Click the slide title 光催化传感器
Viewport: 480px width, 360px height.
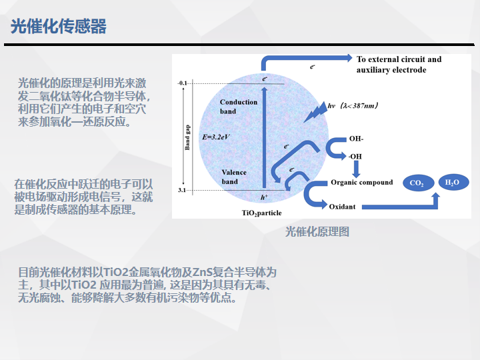click(59, 26)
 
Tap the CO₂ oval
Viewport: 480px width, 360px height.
click(418, 183)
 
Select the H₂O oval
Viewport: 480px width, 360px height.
click(453, 183)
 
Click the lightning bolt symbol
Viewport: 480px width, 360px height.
click(315, 113)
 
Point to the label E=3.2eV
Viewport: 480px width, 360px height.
click(216, 137)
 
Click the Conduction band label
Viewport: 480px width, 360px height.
click(239, 107)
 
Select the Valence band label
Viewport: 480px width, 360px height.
click(234, 177)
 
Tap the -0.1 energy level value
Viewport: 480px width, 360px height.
click(182, 83)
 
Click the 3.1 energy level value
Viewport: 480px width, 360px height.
click(182, 190)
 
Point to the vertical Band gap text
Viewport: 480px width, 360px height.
click(187, 137)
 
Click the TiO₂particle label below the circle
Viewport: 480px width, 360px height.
click(262, 213)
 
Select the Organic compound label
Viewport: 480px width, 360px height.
click(361, 183)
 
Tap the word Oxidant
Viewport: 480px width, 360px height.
click(342, 207)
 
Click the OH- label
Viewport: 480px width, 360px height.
click(356, 139)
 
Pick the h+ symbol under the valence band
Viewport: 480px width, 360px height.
click(264, 197)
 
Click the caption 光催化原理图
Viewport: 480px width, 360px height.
click(317, 232)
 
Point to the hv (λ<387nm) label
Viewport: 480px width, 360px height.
click(353, 106)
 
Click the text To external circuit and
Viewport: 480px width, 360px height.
click(399, 59)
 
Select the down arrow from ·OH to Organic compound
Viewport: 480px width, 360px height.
click(356, 169)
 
